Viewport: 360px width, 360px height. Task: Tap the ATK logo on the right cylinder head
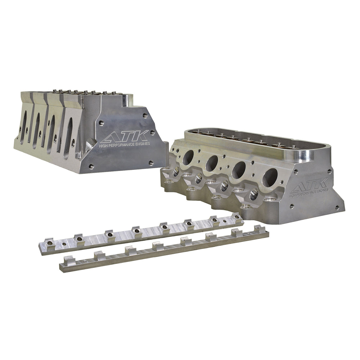[309, 185]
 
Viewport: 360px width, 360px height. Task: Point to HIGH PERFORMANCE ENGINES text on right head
[309, 193]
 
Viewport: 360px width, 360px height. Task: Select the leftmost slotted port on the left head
[23, 127]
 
